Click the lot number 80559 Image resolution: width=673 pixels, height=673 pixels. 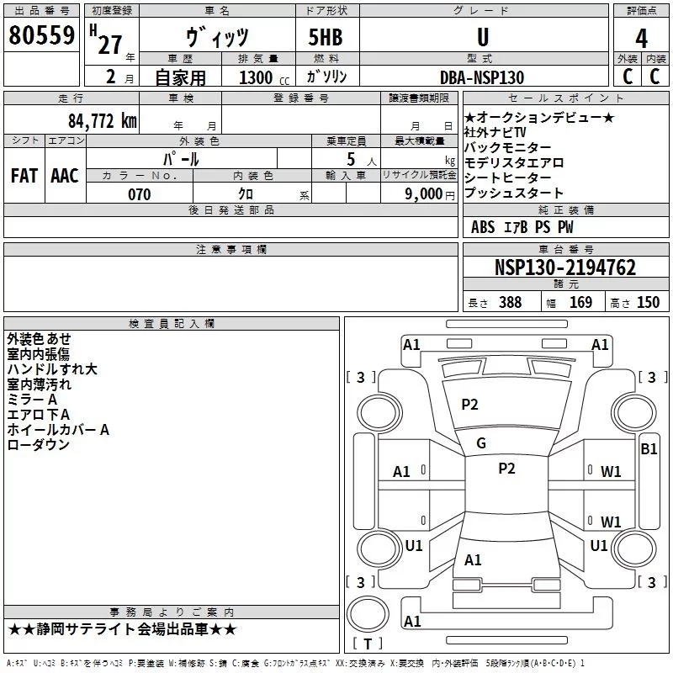pos(42,34)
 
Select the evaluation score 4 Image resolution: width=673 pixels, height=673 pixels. pos(641,39)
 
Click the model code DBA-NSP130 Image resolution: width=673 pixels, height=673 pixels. pos(482,77)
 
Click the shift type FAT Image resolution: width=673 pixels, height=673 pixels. pos(24,175)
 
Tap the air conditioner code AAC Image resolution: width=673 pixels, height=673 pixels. pos(65,175)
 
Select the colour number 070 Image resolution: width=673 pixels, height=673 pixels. pos(140,194)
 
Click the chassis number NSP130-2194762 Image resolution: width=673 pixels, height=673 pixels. pos(565,268)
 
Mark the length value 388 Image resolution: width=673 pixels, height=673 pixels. pos(509,303)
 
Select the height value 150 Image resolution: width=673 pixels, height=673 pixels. pos(649,303)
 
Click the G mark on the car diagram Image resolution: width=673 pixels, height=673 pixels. pos(481,442)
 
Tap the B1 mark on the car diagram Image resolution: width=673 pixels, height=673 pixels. pos(649,449)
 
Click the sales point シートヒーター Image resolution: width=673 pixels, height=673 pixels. pos(508,178)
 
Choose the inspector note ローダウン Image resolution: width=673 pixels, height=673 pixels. pos(39,445)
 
